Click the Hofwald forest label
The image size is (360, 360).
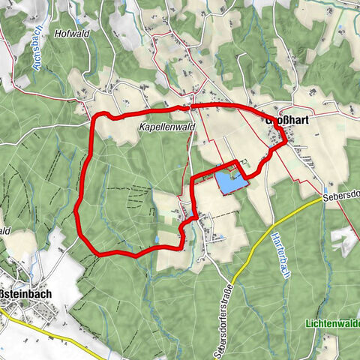73,34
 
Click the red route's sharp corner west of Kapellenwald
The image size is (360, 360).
93,117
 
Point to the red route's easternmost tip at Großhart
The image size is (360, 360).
287,142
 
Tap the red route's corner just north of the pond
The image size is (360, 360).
238,161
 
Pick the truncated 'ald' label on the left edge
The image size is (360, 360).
5,230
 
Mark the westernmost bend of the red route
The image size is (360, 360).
76,211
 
